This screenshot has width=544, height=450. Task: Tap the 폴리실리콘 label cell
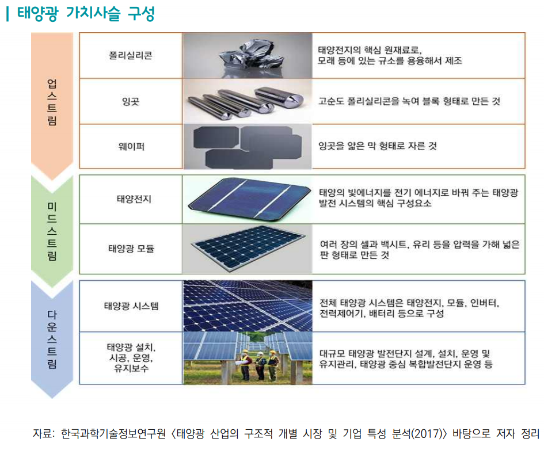[131, 56]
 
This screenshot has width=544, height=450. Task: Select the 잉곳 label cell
[131, 101]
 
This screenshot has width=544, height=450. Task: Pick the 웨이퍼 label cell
[131, 146]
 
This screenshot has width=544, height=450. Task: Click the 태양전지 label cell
[131, 199]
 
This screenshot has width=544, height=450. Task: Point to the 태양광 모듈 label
[131, 249]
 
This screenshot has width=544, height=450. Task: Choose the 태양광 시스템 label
[131, 306]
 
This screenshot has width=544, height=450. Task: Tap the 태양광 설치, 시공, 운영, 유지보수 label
[131, 358]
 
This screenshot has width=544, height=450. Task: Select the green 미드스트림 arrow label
[52, 231]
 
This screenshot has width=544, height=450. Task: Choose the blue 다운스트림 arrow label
[52, 337]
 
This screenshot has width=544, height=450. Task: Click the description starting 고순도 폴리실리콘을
[409, 101]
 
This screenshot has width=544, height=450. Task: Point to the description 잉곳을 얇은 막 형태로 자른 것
[378, 146]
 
